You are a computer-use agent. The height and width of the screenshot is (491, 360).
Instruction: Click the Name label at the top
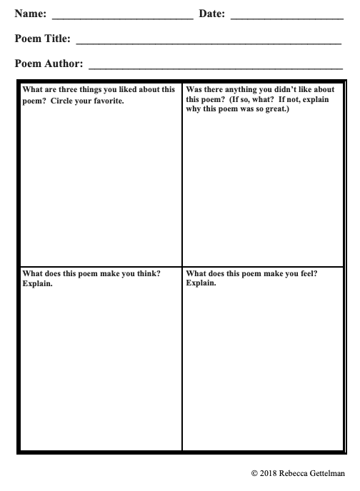pyautogui.click(x=31, y=14)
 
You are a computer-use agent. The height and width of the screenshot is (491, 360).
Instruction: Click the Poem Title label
pyautogui.click(x=42, y=39)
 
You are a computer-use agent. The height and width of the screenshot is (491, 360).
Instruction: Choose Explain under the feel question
pyautogui.click(x=201, y=283)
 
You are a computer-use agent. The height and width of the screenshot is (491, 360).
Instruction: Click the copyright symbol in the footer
pyautogui.click(x=254, y=473)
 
